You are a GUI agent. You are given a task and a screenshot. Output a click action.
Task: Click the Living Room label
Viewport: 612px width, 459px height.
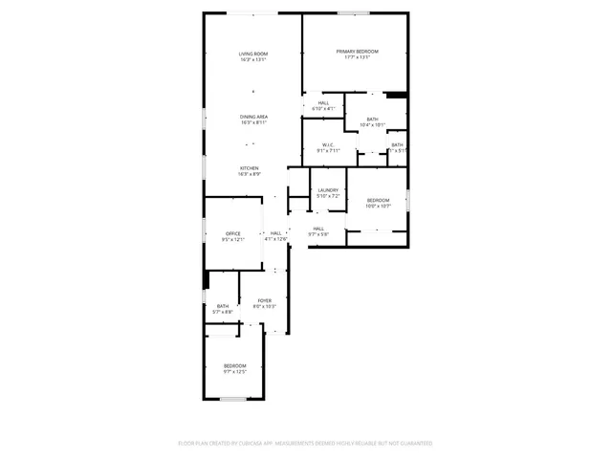253,54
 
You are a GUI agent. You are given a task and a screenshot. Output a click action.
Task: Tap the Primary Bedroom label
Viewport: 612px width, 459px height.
357,51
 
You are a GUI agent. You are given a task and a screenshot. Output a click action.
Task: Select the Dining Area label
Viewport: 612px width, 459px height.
253,117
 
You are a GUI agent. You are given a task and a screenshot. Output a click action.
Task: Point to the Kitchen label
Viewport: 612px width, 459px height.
249,168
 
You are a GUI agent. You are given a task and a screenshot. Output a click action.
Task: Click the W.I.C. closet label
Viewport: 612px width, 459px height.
327,144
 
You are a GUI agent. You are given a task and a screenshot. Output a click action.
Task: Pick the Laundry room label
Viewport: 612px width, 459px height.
328,190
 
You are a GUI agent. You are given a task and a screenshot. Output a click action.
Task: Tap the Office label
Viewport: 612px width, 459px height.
233,233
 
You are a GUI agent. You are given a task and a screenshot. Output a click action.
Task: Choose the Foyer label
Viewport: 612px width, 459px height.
264,300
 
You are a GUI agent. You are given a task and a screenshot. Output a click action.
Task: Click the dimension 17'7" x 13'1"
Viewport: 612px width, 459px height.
357,57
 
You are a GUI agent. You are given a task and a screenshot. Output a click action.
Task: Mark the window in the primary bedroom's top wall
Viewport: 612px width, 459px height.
353,12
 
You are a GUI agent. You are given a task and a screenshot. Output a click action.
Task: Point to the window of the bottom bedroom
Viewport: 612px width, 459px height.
234,399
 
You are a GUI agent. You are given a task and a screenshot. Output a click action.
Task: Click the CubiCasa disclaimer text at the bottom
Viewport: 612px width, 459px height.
305,443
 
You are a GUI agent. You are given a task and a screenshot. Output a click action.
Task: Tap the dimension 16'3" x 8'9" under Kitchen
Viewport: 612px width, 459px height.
249,174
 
